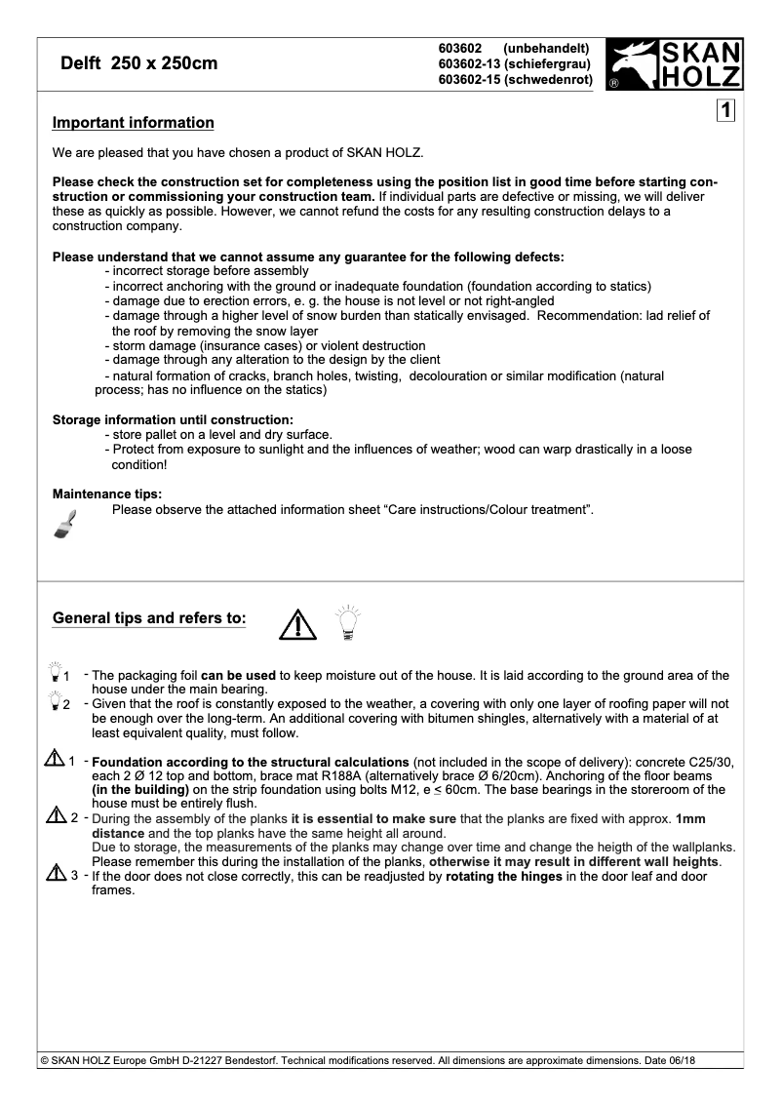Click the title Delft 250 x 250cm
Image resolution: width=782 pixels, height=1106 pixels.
pos(138,64)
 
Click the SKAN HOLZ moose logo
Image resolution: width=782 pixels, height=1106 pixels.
pos(674,64)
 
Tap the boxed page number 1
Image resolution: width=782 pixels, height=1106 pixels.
pos(725,110)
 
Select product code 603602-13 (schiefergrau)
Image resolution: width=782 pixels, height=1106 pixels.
pos(516,63)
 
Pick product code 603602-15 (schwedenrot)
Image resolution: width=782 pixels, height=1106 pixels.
pos(516,79)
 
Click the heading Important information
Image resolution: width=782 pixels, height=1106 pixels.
pos(133,123)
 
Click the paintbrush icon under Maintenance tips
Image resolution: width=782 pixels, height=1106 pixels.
pos(64,524)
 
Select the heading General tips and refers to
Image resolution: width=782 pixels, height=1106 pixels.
pos(149,618)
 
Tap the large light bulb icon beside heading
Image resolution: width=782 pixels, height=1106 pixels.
pos(347,620)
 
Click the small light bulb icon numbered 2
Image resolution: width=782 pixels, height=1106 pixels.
pos(55,703)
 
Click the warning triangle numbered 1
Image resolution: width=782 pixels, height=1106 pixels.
pos(55,758)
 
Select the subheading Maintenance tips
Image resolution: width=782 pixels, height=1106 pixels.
pos(107,494)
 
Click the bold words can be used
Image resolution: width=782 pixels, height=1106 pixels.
pos(238,675)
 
